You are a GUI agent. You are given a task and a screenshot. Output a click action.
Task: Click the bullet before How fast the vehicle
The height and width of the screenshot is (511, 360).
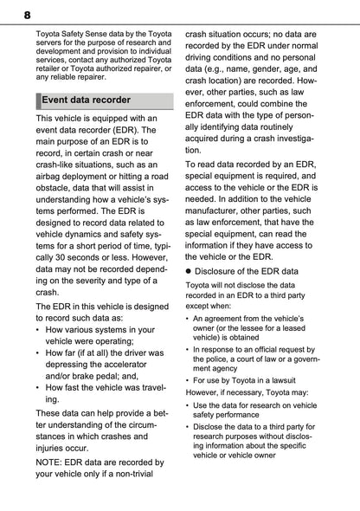[40, 389]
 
